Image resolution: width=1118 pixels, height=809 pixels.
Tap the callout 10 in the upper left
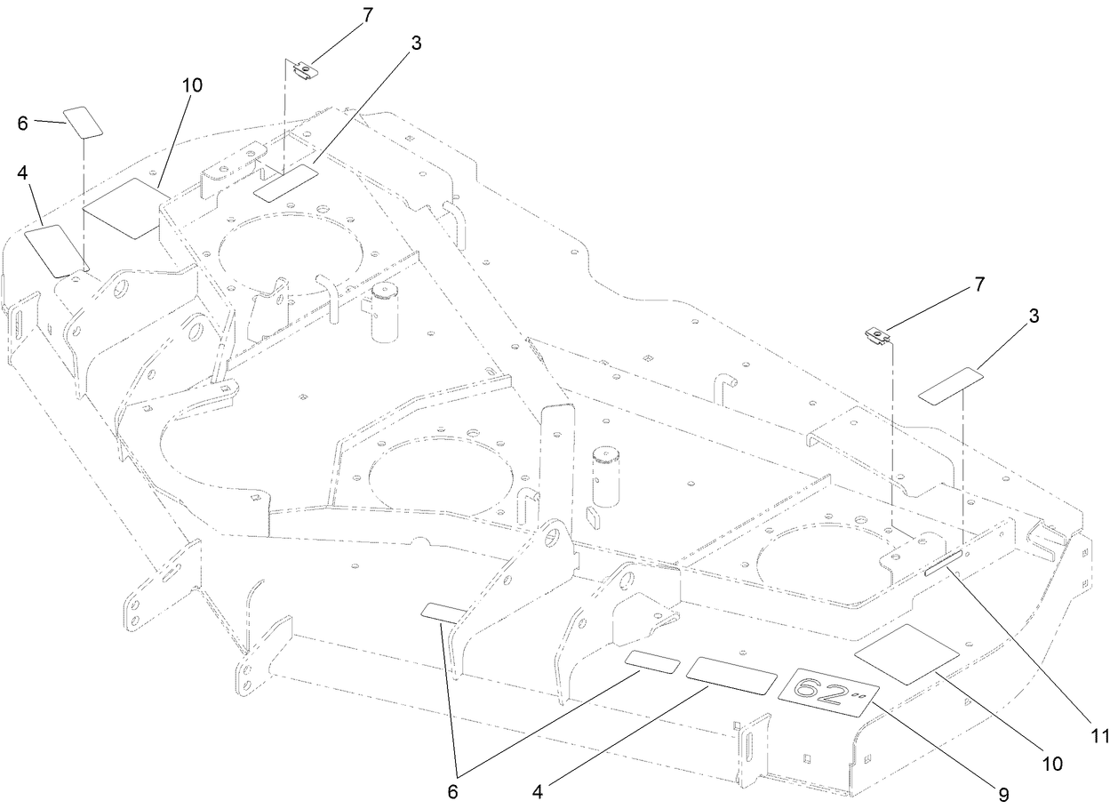[x=192, y=85]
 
